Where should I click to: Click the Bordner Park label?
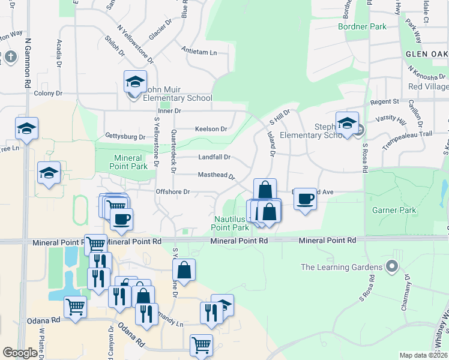[x=362, y=27]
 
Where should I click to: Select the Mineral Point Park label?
[x=130, y=162]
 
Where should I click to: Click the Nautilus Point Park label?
[x=230, y=223]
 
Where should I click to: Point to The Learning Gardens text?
[x=342, y=267]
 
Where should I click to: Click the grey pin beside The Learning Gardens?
[x=393, y=265]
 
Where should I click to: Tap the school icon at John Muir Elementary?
[x=135, y=82]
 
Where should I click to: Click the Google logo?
[x=20, y=353]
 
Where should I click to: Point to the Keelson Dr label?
[x=211, y=129]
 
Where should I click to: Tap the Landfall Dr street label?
[x=215, y=157]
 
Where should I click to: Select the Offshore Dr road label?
[x=173, y=192]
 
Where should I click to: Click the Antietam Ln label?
[x=199, y=53]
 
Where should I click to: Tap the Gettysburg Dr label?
[x=125, y=136]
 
